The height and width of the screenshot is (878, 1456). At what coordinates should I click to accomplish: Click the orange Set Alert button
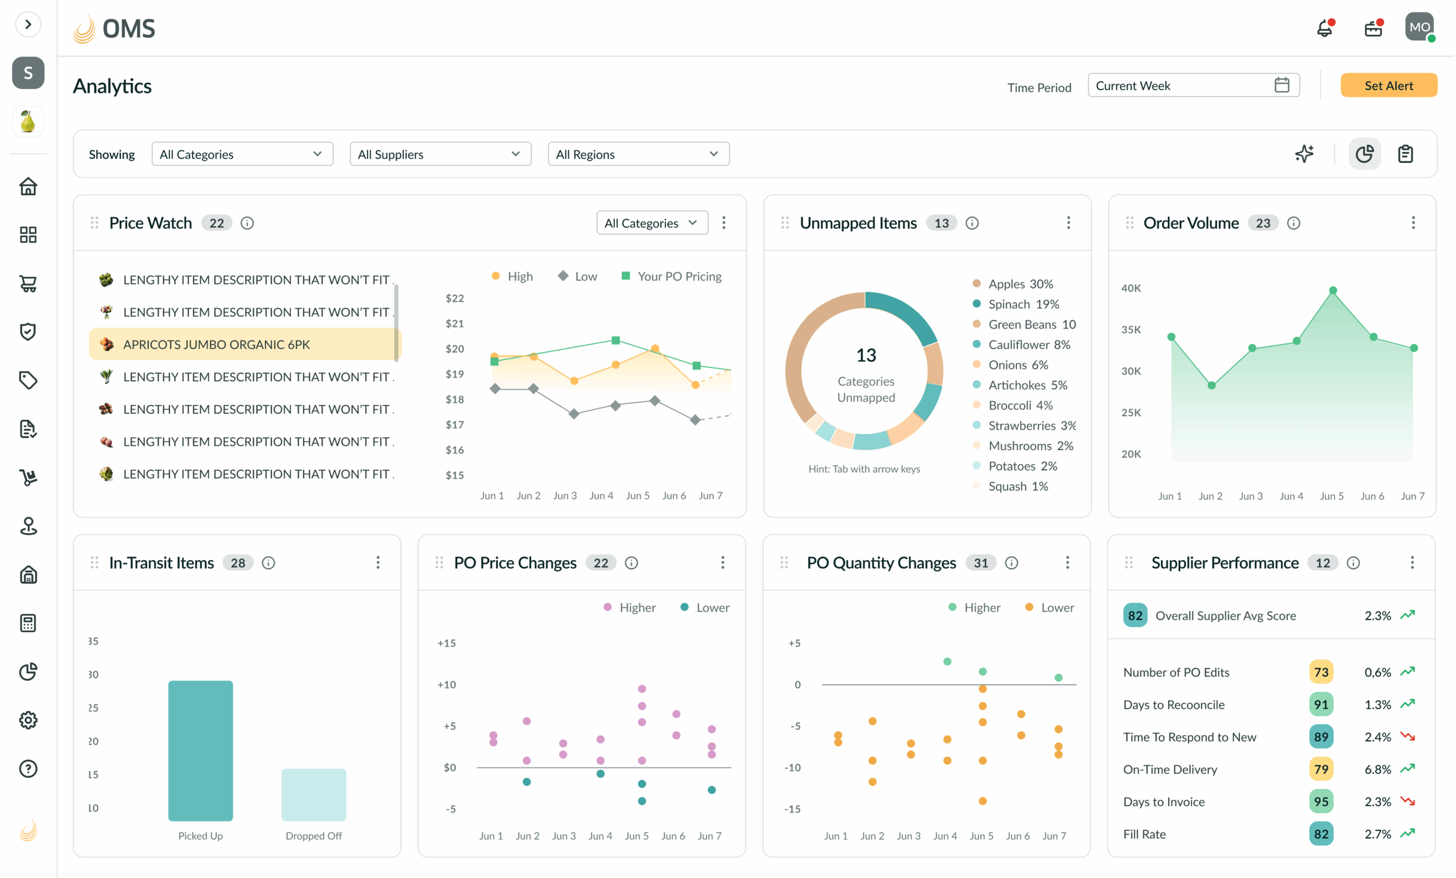pyautogui.click(x=1388, y=85)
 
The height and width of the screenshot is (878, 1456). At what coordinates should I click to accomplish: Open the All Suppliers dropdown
pyautogui.click(x=440, y=154)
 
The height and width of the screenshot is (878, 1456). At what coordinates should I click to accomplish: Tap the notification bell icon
pyautogui.click(x=1325, y=28)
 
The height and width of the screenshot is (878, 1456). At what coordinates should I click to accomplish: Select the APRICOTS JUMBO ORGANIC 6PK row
pyautogui.click(x=245, y=344)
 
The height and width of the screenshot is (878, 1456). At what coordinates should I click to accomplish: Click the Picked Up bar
pyautogui.click(x=200, y=750)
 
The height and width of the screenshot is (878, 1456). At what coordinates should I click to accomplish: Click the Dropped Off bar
pyautogui.click(x=314, y=795)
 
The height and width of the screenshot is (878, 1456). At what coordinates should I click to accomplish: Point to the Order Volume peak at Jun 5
pyautogui.click(x=1333, y=290)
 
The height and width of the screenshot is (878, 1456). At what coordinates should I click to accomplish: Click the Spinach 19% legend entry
pyautogui.click(x=1016, y=304)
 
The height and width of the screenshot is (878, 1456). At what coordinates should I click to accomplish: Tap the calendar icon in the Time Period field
pyautogui.click(x=1282, y=85)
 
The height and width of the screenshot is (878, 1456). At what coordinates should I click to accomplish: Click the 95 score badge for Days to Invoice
pyautogui.click(x=1321, y=802)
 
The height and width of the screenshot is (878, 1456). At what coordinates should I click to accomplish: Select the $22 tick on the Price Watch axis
pyautogui.click(x=454, y=298)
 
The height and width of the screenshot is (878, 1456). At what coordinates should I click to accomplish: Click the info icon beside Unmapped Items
pyautogui.click(x=972, y=223)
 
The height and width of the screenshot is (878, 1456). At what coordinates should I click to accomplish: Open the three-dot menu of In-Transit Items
pyautogui.click(x=378, y=562)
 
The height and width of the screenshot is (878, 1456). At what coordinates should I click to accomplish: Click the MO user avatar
pyautogui.click(x=1419, y=27)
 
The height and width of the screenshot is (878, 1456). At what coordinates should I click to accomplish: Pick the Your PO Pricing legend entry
pyautogui.click(x=672, y=276)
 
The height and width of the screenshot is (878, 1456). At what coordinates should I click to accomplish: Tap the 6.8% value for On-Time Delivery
pyautogui.click(x=1377, y=769)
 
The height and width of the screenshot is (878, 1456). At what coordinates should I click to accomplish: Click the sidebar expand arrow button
pyautogui.click(x=28, y=24)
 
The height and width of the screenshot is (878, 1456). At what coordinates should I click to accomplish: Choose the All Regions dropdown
pyautogui.click(x=639, y=154)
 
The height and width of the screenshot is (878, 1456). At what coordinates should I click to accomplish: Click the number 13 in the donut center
pyautogui.click(x=865, y=355)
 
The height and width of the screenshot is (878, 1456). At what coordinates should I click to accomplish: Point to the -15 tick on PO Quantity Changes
pyautogui.click(x=792, y=809)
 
